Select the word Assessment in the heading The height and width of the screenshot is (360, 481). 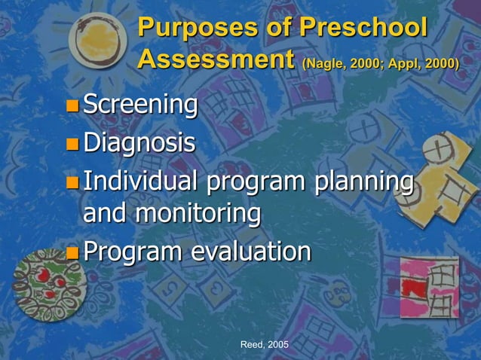216,59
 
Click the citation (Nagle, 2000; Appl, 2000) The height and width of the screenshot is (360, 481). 380,63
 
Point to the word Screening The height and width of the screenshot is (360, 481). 140,105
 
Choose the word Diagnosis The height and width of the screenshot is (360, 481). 139,142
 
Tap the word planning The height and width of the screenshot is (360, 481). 365,182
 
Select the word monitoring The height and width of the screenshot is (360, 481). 198,213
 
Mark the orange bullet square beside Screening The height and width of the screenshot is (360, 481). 72,106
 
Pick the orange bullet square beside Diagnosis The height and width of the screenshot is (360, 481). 72,143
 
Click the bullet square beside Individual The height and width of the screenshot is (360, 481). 72,182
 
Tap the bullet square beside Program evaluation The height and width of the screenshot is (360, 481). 72,252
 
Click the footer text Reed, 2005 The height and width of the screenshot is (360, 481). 264,344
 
